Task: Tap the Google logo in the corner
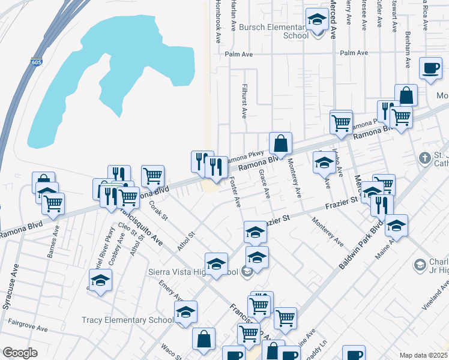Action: [x=20, y=353]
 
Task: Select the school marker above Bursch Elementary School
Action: [x=316, y=20]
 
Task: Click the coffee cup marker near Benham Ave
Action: [x=430, y=69]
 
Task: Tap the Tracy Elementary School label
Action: [x=127, y=320]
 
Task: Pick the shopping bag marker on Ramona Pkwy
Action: [x=280, y=144]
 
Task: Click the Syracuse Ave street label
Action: [x=8, y=293]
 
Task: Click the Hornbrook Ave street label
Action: [x=216, y=22]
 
